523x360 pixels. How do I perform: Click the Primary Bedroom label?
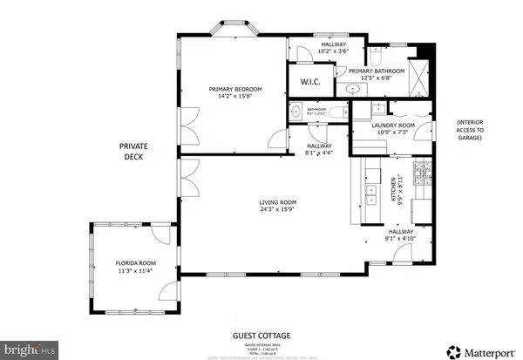click(x=233, y=88)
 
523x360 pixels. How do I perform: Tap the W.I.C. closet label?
click(x=311, y=83)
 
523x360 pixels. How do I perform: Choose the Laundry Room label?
click(x=392, y=126)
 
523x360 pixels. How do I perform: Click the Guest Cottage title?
click(x=261, y=336)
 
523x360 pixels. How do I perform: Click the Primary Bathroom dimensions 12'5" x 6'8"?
click(x=384, y=77)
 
